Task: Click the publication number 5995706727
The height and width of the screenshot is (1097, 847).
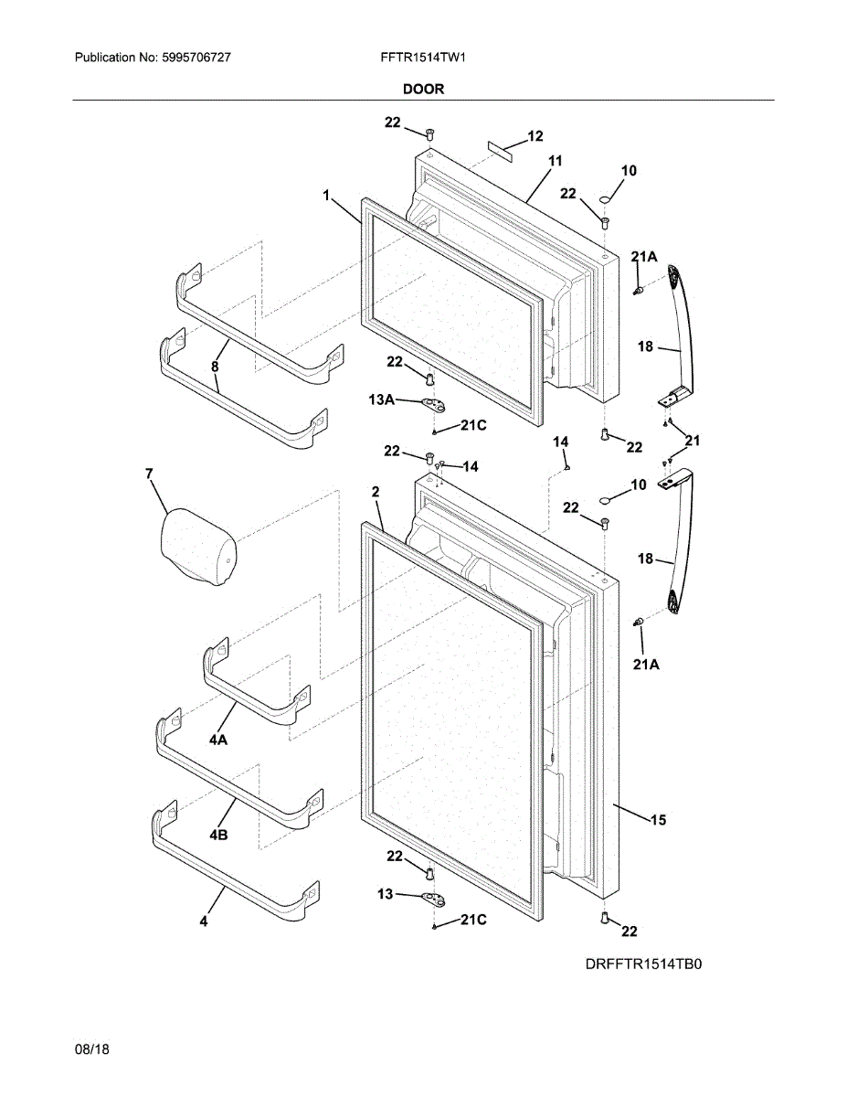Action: point(196,58)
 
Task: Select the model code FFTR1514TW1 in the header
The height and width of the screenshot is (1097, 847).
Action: point(423,58)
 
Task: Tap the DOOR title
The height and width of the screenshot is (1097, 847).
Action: point(423,90)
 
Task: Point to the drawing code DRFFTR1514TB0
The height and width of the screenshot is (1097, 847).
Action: point(643,964)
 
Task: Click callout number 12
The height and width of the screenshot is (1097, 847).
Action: point(535,136)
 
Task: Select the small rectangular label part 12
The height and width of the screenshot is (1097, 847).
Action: point(500,151)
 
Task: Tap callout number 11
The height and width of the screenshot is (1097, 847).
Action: point(555,161)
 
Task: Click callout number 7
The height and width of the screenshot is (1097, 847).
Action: point(149,474)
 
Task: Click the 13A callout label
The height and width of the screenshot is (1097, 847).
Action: point(381,399)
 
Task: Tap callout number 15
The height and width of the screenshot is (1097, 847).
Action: point(658,820)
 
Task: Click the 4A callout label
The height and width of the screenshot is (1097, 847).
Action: point(218,740)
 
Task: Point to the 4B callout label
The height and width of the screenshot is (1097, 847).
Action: point(218,836)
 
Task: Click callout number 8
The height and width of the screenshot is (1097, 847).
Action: point(215,367)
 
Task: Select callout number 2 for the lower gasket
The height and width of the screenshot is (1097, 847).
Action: point(376,492)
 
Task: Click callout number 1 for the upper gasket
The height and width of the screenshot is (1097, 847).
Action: point(326,196)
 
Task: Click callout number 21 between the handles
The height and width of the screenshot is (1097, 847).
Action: point(693,441)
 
